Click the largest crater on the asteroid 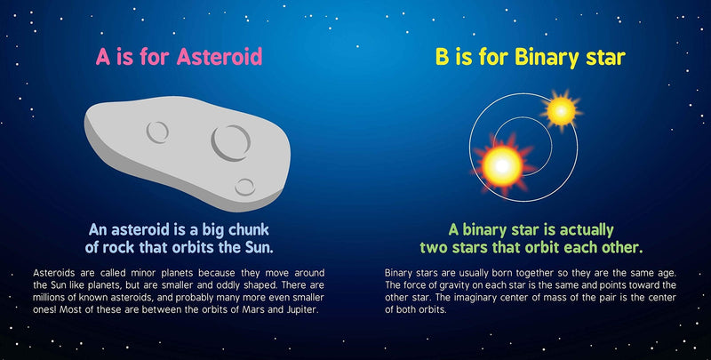(x=228, y=138)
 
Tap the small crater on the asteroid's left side (x=156, y=132)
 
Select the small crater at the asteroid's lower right (x=245, y=186)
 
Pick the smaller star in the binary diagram (x=561, y=110)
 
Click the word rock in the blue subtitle (x=146, y=245)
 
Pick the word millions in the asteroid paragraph (x=54, y=297)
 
